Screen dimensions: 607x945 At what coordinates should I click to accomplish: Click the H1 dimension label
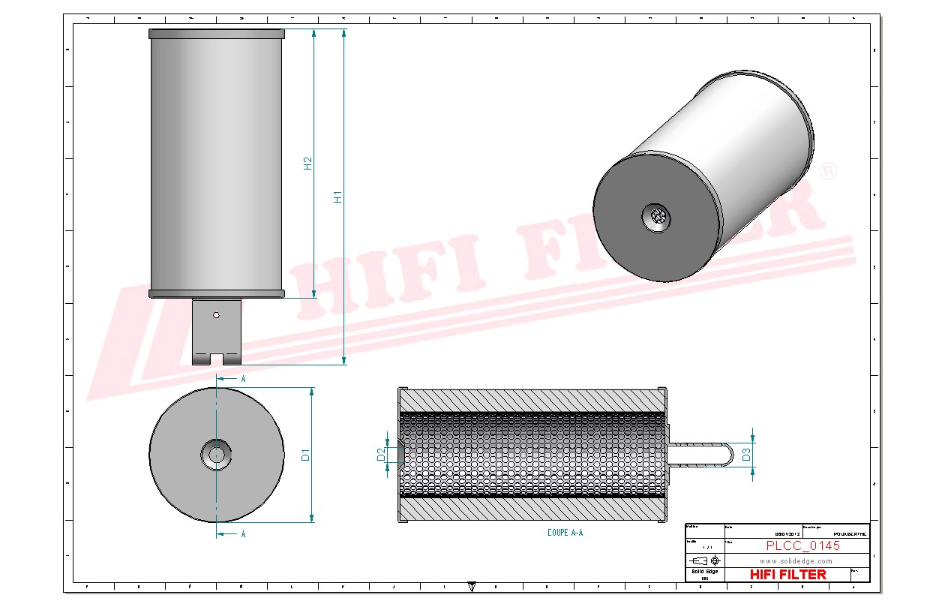click(x=338, y=197)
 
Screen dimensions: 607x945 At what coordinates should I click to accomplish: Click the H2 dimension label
click(x=307, y=164)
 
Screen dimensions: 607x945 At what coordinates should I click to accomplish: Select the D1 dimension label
click(x=305, y=454)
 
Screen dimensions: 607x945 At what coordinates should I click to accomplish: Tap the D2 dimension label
click(x=381, y=454)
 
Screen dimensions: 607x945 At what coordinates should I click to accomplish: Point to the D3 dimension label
click(x=746, y=454)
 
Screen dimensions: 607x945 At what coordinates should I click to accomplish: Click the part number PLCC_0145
click(x=802, y=545)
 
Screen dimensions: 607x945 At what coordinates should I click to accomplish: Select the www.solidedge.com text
click(x=796, y=560)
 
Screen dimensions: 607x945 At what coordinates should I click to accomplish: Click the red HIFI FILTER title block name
click(x=787, y=574)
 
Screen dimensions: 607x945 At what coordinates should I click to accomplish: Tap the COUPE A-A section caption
click(x=565, y=533)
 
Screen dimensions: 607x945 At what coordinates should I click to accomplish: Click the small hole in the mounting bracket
click(x=216, y=315)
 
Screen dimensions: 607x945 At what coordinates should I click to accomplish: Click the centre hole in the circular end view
click(x=216, y=454)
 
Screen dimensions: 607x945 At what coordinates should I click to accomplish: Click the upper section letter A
click(x=243, y=380)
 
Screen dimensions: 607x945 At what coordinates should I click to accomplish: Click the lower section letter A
click(x=243, y=534)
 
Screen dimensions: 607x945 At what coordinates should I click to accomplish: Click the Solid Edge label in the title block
click(x=703, y=572)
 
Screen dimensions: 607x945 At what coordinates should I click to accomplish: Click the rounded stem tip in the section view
click(x=726, y=454)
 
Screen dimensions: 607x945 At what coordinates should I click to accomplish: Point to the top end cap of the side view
click(x=216, y=34)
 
